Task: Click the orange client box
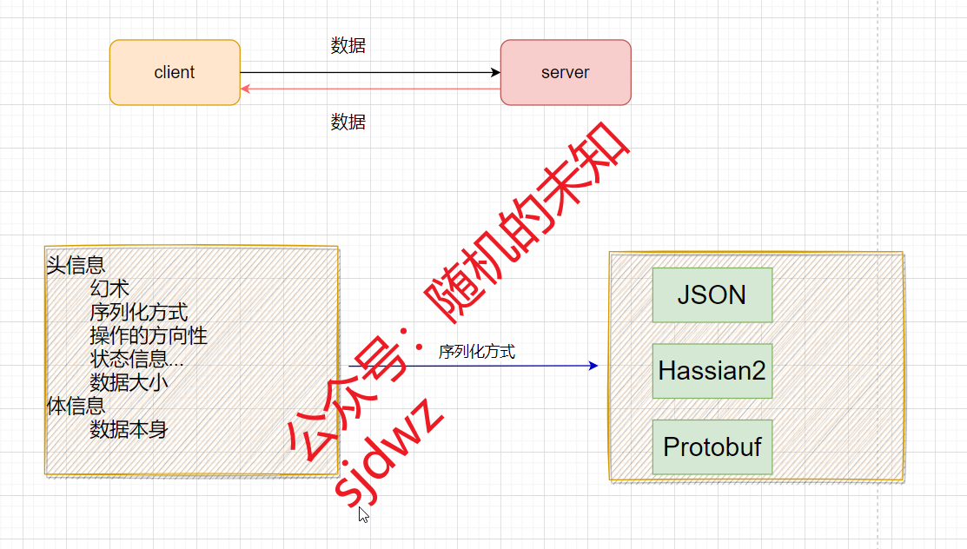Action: (x=175, y=73)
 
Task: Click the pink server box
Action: (x=565, y=73)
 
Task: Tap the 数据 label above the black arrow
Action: (x=348, y=46)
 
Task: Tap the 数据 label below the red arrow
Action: (x=348, y=122)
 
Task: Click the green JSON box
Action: (x=712, y=295)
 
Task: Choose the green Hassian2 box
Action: (x=712, y=371)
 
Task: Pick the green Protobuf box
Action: (x=712, y=447)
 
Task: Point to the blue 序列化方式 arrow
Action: (x=521, y=366)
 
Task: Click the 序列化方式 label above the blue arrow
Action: (x=476, y=352)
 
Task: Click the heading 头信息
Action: (x=76, y=265)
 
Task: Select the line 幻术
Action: (x=109, y=288)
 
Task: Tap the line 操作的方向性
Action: (x=149, y=335)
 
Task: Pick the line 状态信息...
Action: (x=136, y=359)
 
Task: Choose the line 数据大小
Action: (x=129, y=382)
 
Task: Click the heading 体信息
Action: (x=76, y=406)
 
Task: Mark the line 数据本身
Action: (x=129, y=429)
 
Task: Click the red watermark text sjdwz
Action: (x=389, y=454)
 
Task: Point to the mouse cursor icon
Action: (x=364, y=514)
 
